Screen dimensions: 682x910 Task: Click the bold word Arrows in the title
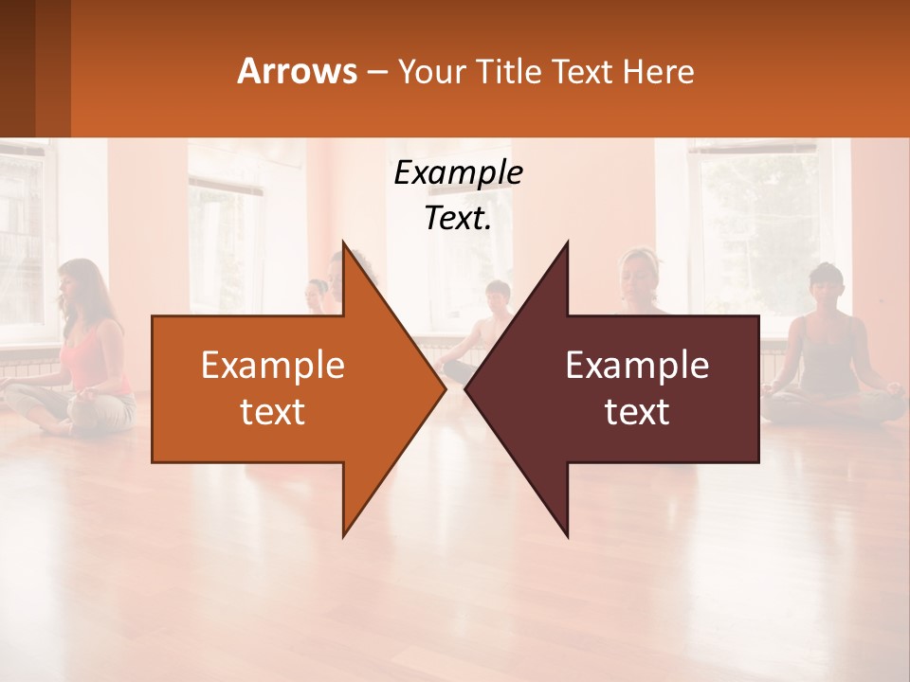coord(297,71)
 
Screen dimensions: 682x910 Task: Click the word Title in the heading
coord(506,71)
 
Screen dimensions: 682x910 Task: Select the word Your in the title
coord(432,71)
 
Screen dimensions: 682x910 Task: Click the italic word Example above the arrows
coord(458,172)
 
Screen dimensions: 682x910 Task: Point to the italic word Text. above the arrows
coord(458,219)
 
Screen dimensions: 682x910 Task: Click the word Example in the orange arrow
coord(272,366)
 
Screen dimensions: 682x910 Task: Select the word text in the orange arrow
coord(272,412)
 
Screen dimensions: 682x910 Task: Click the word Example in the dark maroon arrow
coord(637,366)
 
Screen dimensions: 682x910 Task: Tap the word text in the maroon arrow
coord(637,412)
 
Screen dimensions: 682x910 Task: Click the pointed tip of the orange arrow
coord(445,389)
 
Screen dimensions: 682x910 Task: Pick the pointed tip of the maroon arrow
coord(465,389)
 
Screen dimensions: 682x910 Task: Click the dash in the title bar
coord(376,72)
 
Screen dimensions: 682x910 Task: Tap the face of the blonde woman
coord(636,273)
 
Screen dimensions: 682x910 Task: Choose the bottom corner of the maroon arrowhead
coord(567,536)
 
